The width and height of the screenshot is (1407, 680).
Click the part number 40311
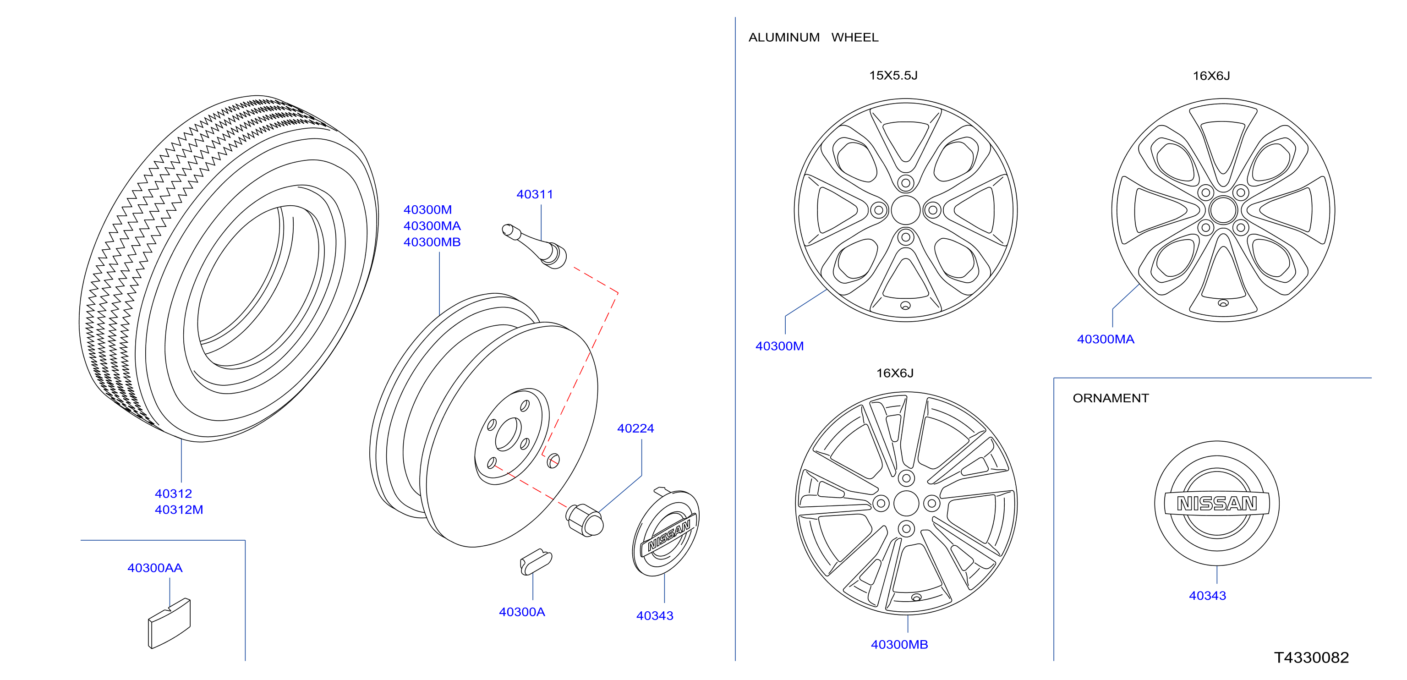click(x=534, y=194)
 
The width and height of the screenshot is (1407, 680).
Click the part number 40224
click(x=635, y=428)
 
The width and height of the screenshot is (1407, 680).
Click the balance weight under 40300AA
click(x=170, y=623)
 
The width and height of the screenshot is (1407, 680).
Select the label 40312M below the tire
click(x=179, y=510)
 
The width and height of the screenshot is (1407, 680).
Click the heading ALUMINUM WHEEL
click(x=813, y=38)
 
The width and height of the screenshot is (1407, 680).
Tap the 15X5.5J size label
click(x=893, y=75)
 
